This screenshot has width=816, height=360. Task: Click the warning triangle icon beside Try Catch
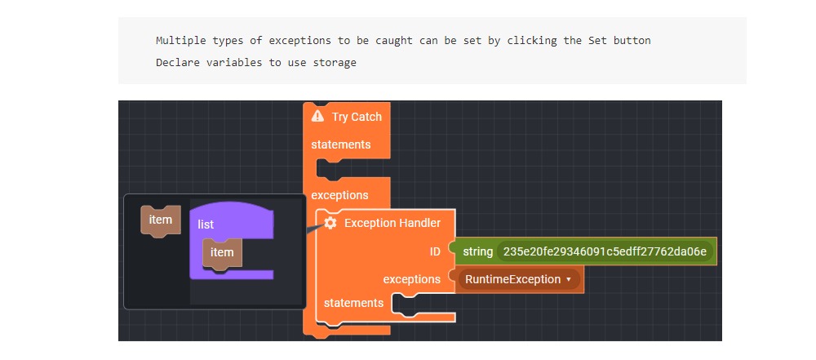318,117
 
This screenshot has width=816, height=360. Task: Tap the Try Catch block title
357,117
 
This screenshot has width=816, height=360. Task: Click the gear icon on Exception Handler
330,223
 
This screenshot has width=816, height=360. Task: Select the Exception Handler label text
392,223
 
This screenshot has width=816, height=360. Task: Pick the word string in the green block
477,251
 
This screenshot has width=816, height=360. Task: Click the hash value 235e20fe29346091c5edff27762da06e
605,251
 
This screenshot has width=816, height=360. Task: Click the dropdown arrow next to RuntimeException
569,279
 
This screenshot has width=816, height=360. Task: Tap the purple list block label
206,224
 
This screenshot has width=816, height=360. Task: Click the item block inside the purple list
222,252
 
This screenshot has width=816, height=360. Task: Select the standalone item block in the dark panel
161,220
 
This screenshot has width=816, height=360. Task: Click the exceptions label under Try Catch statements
339,195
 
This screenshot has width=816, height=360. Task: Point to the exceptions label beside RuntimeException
412,279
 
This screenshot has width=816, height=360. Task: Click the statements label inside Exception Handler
353,303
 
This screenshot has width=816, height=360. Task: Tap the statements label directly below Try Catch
341,144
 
